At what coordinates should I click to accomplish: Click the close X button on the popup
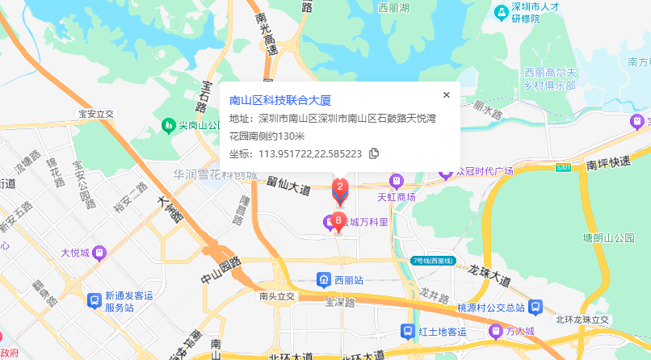447,94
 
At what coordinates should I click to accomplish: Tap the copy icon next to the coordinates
374,153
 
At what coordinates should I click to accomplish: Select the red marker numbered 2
341,190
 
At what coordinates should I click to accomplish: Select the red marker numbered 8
339,221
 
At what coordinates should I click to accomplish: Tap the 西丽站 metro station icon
323,280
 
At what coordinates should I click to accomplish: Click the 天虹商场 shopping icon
397,181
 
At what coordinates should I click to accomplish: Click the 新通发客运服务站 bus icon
94,300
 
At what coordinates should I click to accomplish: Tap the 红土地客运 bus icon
409,331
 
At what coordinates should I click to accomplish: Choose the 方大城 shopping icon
494,331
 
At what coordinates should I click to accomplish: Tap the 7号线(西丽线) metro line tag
433,261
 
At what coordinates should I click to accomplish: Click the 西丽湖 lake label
395,7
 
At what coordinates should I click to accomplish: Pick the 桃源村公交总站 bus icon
535,308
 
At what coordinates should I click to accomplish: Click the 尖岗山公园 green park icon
168,125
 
